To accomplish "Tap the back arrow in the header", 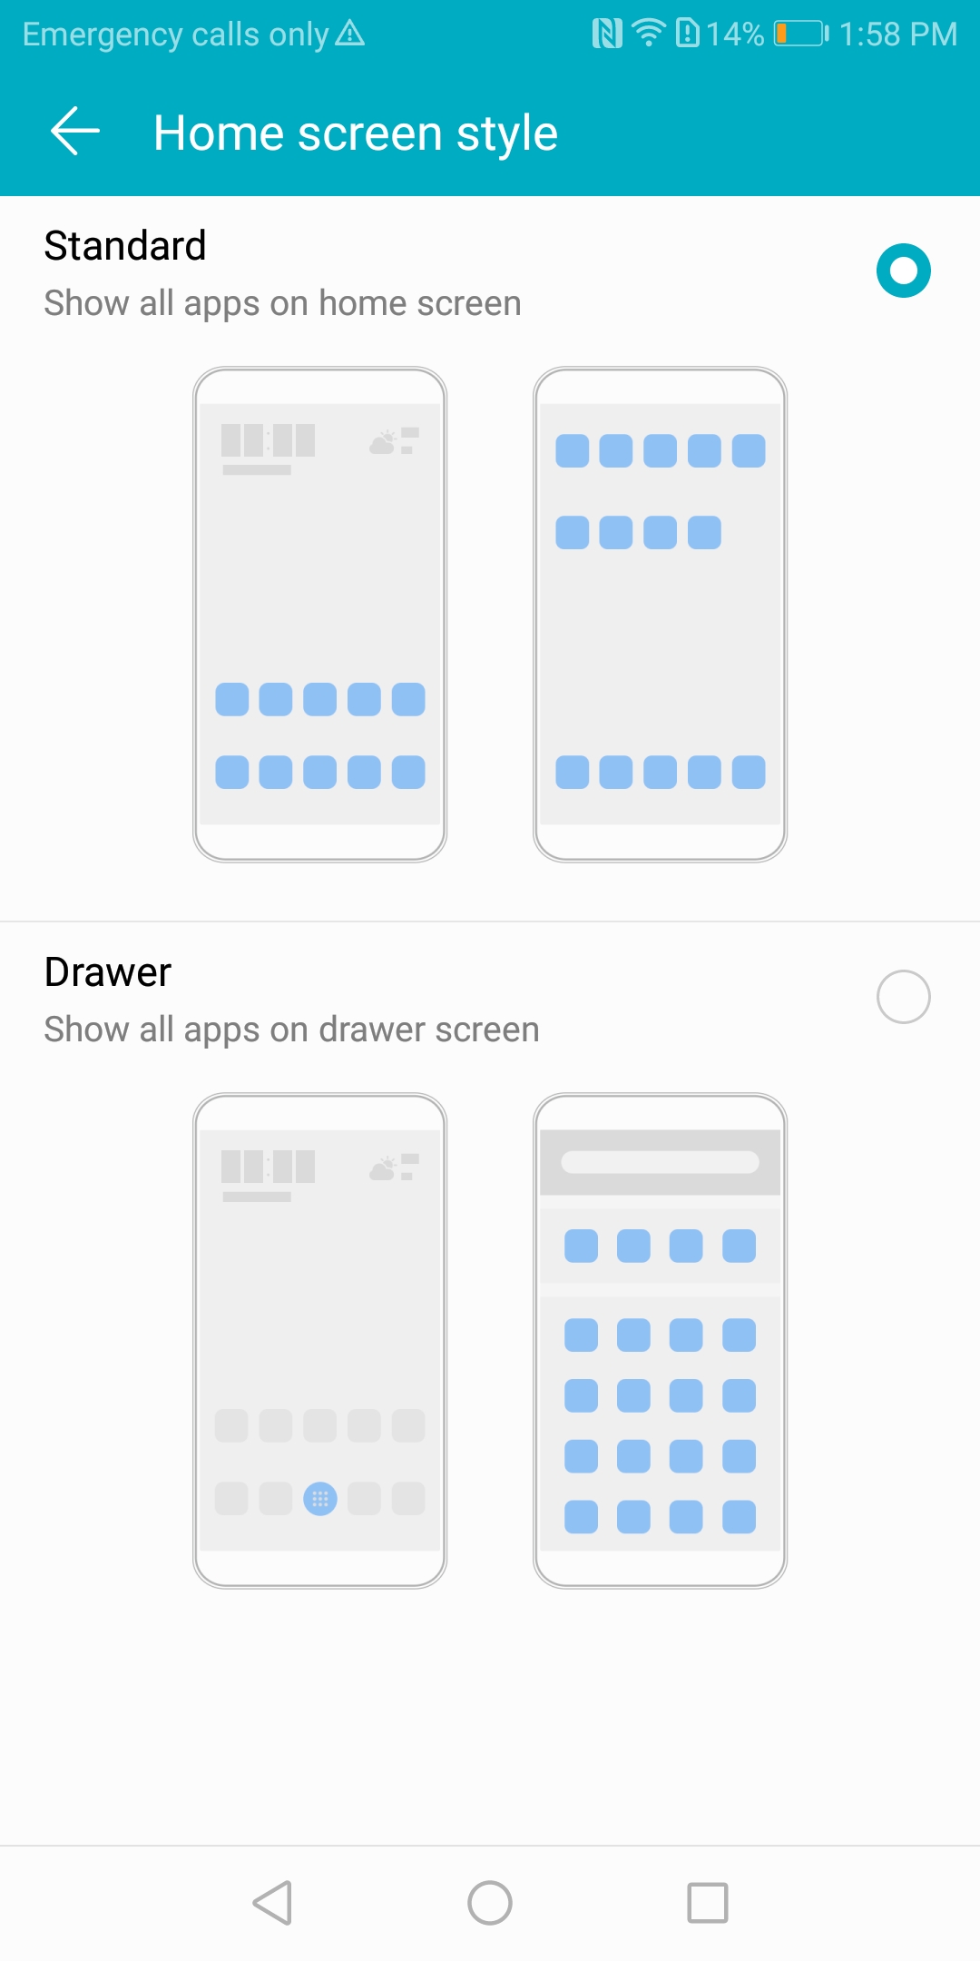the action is tap(74, 132).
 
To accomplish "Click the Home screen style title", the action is tap(356, 133).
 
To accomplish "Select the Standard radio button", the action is tap(904, 271).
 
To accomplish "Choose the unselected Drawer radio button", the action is tap(904, 997).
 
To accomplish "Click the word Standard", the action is tap(125, 245).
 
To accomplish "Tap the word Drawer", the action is tap(108, 972).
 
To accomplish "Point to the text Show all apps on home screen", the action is tap(283, 304).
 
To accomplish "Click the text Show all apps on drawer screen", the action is tap(292, 1030).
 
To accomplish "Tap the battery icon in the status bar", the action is tap(801, 34).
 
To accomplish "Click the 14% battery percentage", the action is tap(735, 34).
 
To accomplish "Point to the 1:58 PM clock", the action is tap(898, 34).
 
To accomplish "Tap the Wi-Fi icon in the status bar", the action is tap(649, 33).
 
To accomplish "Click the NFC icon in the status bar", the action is tap(607, 34).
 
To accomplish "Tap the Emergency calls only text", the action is tap(175, 34).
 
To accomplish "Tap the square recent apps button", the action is tap(708, 1903).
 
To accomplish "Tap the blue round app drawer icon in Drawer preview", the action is tap(319, 1499).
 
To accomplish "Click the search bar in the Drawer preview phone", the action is tap(660, 1162).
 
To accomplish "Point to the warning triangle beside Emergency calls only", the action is tap(350, 34).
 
